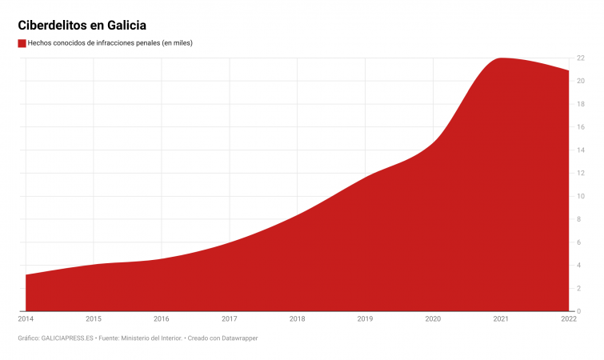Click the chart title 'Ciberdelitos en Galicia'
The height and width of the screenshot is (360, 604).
pos(82,26)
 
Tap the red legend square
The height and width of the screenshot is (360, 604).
pos(22,43)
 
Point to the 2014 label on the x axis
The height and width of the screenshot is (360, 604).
pos(26,319)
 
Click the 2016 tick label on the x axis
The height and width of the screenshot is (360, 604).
pos(162,319)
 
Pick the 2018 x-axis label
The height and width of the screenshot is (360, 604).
pos(298,319)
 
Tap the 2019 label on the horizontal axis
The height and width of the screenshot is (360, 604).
pos(365,319)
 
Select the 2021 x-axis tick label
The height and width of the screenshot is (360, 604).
pos(501,319)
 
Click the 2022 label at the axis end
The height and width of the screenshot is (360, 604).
pos(568,319)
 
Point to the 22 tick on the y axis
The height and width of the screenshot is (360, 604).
pos(581,58)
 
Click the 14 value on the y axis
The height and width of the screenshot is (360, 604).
pos(581,150)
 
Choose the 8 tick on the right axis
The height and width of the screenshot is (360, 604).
pos(579,219)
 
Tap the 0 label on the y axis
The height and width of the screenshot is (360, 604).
pos(579,311)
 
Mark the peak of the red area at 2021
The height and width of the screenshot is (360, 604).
pos(501,58)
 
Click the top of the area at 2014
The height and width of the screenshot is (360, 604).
pos(26,274)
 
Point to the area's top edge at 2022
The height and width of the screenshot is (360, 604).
pos(568,71)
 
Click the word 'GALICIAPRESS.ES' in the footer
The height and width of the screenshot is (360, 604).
pos(68,338)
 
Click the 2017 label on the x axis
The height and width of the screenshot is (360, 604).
pos(230,319)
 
